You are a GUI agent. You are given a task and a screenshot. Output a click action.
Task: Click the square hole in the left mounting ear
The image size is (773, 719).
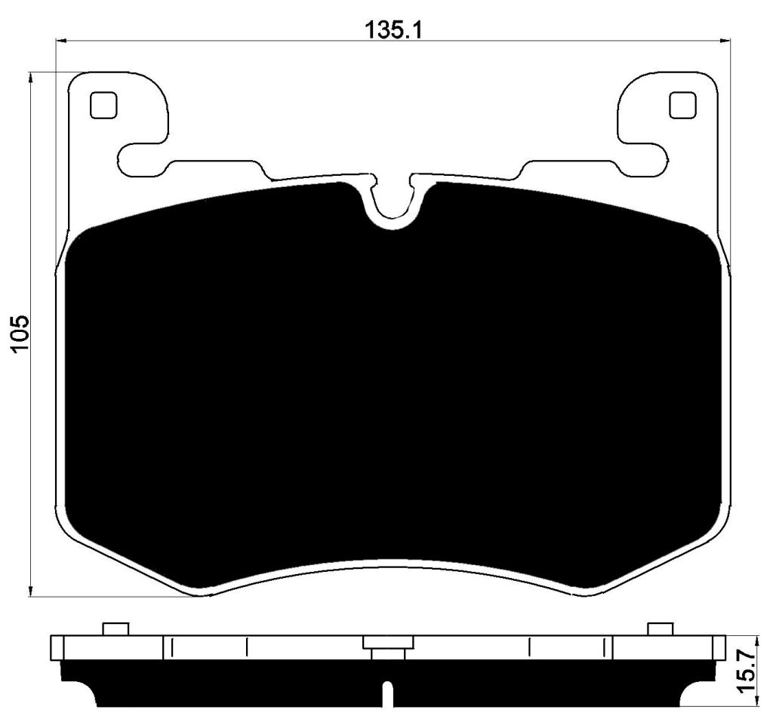coord(103,106)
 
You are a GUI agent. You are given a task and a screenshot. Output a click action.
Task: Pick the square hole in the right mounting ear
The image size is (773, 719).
coord(682,106)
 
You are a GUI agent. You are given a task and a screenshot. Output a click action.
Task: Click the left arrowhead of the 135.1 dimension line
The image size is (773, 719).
coord(63,41)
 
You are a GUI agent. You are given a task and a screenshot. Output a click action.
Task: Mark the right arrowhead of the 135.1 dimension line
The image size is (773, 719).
coord(724,41)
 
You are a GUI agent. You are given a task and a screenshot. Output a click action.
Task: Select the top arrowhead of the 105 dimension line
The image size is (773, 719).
coord(31,80)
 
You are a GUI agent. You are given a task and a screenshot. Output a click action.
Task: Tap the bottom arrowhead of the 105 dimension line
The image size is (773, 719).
coord(31,589)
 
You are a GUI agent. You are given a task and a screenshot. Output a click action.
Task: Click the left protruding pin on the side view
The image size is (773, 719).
coord(115,629)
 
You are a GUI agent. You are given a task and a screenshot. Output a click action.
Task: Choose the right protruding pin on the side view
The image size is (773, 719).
coord(660,629)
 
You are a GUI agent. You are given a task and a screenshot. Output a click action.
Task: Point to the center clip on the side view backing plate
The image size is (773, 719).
coord(388,645)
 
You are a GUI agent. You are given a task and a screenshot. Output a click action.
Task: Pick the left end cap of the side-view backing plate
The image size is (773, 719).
coord(57,647)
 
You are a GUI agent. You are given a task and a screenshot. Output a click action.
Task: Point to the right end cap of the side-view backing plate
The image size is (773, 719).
coord(716,647)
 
